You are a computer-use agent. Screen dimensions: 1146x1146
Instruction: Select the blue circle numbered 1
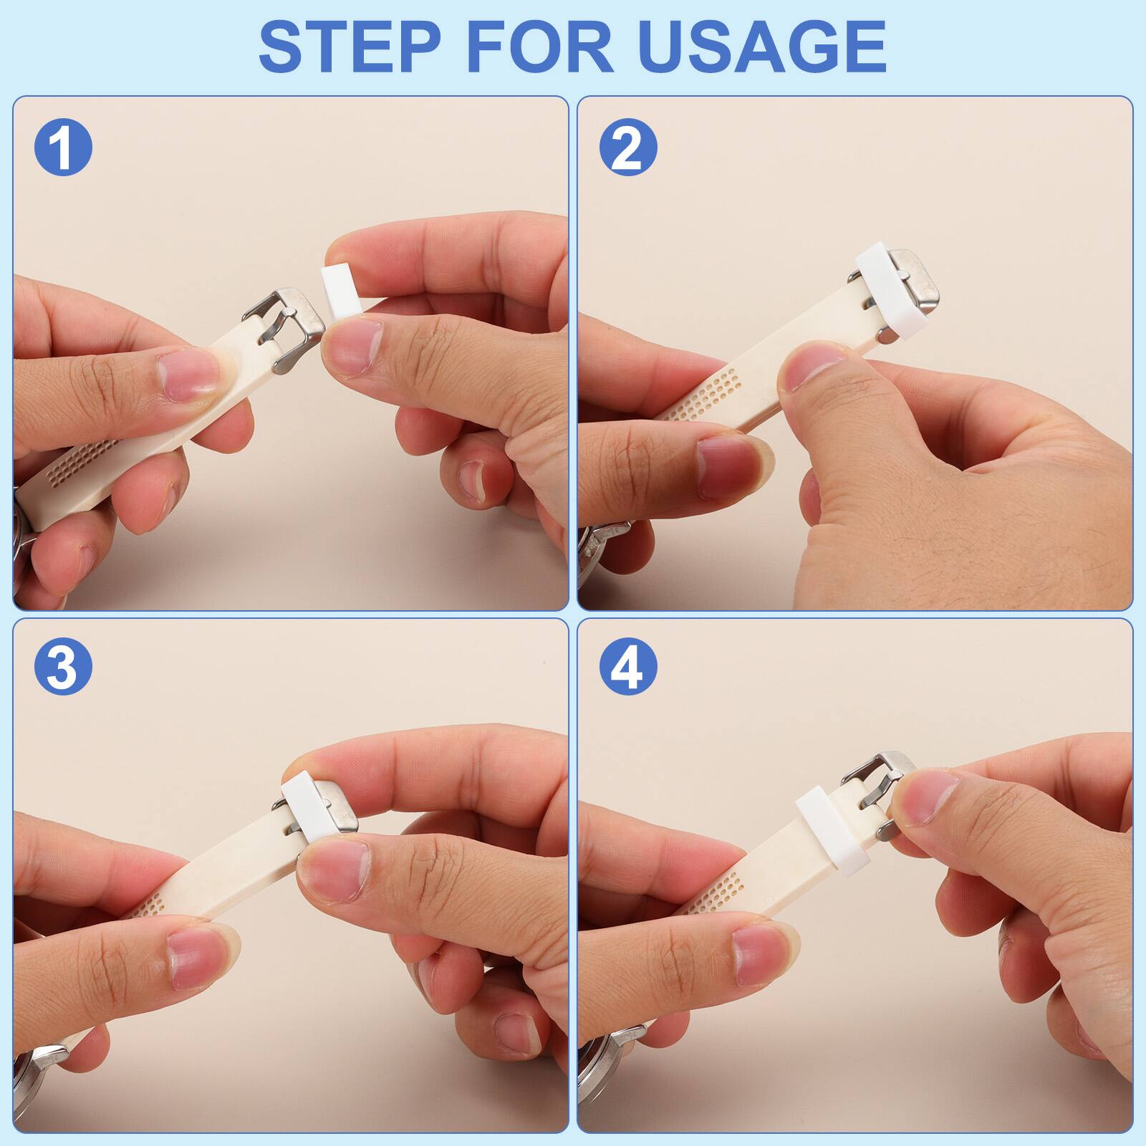point(63,148)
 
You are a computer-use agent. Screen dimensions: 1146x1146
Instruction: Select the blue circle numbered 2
point(628,148)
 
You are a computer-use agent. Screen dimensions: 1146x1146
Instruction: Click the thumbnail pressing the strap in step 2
point(809,365)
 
